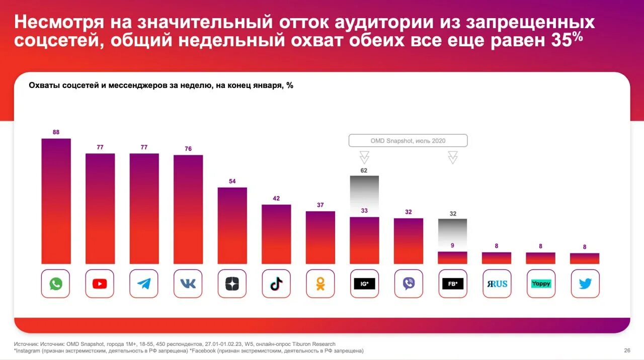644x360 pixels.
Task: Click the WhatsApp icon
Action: point(55,284)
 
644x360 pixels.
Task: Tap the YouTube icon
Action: point(100,284)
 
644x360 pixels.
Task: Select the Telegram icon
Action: point(144,284)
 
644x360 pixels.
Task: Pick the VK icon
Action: point(188,284)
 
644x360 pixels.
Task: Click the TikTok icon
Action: point(276,284)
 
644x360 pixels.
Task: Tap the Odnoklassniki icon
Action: point(320,284)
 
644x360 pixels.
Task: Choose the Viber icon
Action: point(409,284)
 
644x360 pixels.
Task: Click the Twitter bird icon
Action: point(585,284)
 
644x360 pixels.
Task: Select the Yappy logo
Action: point(541,284)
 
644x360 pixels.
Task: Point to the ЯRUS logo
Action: point(497,284)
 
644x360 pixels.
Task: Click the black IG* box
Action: point(365,284)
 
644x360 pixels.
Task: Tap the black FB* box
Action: point(453,284)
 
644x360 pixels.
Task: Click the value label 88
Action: point(56,132)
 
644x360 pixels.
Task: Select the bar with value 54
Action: point(232,225)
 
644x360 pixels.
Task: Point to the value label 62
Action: point(364,170)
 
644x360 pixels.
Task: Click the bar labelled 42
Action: point(276,234)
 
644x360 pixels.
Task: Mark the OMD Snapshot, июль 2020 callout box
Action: point(408,141)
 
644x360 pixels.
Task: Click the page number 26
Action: point(627,350)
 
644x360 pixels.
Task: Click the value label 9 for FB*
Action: point(452,245)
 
